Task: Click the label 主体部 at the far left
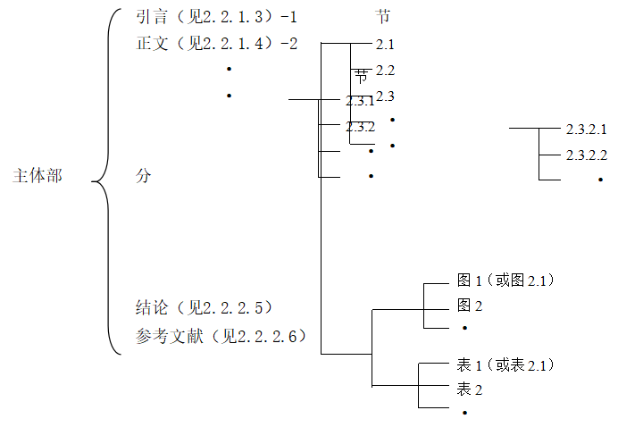(x=38, y=176)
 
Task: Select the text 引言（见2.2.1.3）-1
(x=216, y=16)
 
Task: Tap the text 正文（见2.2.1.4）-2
(x=217, y=43)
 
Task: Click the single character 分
(x=143, y=176)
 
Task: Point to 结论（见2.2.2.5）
(x=204, y=308)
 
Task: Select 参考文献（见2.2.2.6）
(x=221, y=336)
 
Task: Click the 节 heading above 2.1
(x=384, y=16)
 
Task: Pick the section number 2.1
(x=385, y=44)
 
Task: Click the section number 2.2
(x=385, y=70)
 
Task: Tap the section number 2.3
(x=385, y=96)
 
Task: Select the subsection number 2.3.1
(x=360, y=100)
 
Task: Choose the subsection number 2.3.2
(x=360, y=126)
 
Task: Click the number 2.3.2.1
(x=586, y=130)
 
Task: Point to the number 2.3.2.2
(x=586, y=155)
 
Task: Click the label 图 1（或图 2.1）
(x=505, y=280)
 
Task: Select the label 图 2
(x=470, y=306)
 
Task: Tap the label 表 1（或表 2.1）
(x=505, y=364)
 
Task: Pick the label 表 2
(x=470, y=389)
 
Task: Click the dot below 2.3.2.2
(x=600, y=180)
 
